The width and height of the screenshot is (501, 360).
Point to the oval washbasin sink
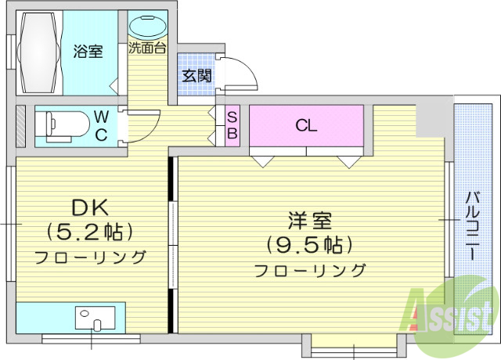click(x=146, y=25)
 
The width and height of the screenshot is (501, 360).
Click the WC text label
click(x=102, y=124)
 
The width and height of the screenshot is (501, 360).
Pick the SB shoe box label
click(x=232, y=124)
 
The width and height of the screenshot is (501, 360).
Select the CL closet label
click(x=306, y=125)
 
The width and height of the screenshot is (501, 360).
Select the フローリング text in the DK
click(x=90, y=257)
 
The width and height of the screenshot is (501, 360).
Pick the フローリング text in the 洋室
click(x=309, y=271)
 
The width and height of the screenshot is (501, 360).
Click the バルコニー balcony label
click(x=473, y=227)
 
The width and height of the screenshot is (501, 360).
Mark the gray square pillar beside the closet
click(x=431, y=117)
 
